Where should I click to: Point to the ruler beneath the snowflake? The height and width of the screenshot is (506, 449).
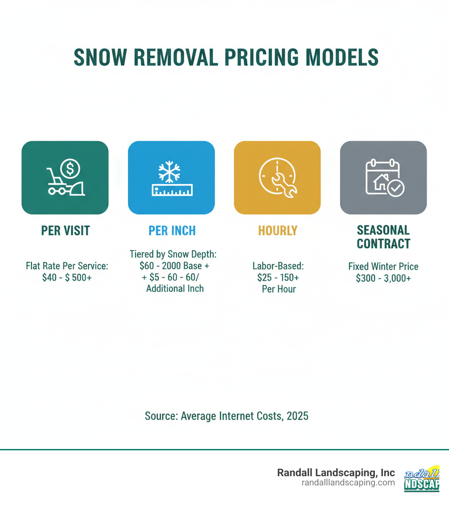click(x=171, y=189)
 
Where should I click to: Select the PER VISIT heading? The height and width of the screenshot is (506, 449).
click(x=65, y=231)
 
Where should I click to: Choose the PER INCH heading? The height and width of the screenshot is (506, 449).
click(x=172, y=231)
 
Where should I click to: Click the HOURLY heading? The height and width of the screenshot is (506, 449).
click(x=278, y=231)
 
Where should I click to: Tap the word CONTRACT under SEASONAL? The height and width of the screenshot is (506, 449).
click(x=384, y=244)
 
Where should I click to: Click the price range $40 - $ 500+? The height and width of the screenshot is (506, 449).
click(x=67, y=277)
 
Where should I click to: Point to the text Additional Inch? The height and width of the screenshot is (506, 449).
click(x=175, y=288)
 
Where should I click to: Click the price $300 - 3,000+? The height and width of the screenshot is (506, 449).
click(x=383, y=277)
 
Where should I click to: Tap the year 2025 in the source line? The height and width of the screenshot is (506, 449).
click(x=297, y=416)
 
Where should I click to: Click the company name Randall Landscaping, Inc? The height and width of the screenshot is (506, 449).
click(x=336, y=473)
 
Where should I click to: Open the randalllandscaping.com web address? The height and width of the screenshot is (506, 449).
click(x=348, y=482)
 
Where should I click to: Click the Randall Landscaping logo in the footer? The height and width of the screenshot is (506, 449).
click(x=421, y=478)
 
